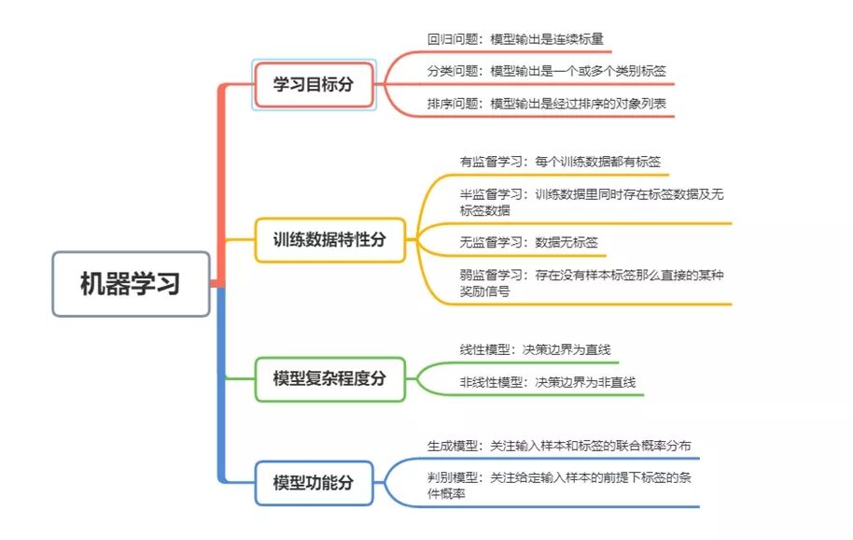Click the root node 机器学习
(x=130, y=284)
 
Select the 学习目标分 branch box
(x=314, y=85)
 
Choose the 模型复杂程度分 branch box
(x=329, y=378)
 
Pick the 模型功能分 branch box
(x=314, y=483)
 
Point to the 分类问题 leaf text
(x=546, y=71)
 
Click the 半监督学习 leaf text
(x=592, y=202)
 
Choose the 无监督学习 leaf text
(x=528, y=242)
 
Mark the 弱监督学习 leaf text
(x=592, y=283)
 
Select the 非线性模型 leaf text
(x=547, y=382)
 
